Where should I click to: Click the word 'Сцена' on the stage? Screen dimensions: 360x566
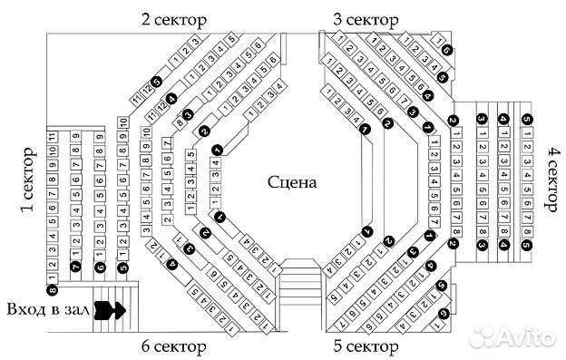[291, 181]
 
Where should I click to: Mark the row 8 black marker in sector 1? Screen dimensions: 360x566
[53, 290]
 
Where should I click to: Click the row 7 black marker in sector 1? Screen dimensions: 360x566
[76, 267]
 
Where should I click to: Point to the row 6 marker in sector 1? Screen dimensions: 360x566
[100, 267]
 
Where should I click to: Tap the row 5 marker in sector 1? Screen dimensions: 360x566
[122, 267]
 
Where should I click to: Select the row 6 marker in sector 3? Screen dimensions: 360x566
[446, 52]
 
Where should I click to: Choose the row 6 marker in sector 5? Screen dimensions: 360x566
[444, 315]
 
